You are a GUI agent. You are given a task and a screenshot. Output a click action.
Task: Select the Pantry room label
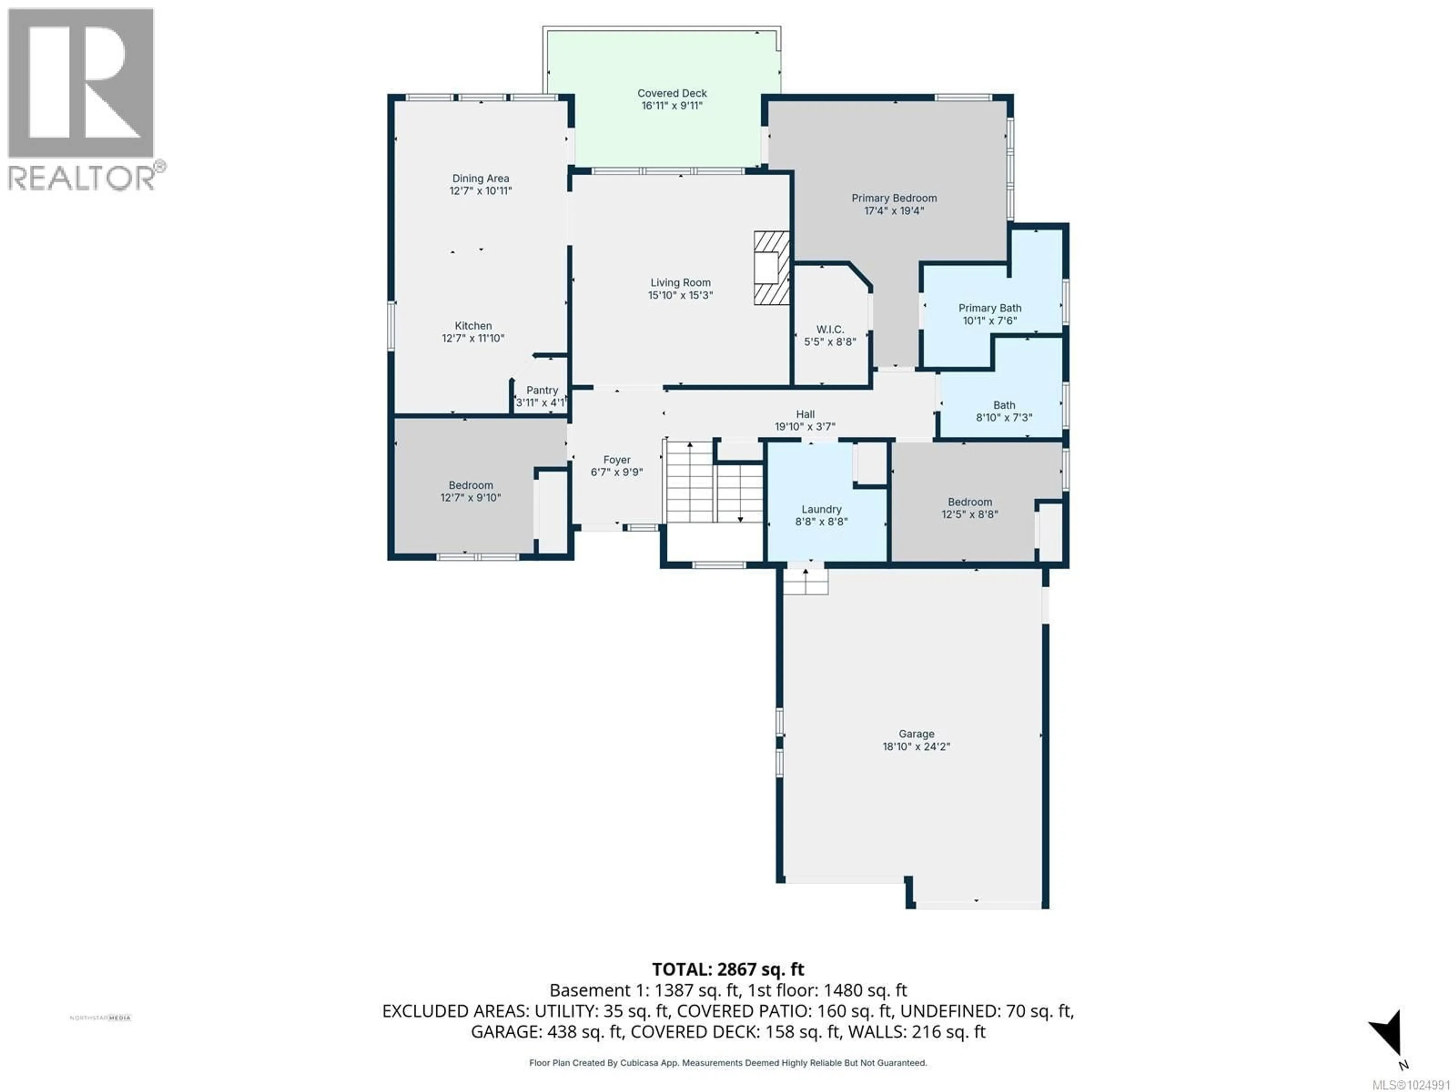tap(542, 390)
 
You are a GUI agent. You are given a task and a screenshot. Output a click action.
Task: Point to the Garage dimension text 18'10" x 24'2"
tap(916, 747)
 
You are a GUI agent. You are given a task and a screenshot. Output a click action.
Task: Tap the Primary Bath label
tap(989, 308)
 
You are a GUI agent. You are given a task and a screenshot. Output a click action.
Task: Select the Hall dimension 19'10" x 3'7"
tap(805, 427)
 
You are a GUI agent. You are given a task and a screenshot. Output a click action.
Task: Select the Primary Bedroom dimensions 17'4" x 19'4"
tap(894, 211)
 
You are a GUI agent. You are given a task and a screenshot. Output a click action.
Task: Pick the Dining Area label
tap(480, 178)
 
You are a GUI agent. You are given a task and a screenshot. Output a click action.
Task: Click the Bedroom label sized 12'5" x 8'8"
tap(970, 502)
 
